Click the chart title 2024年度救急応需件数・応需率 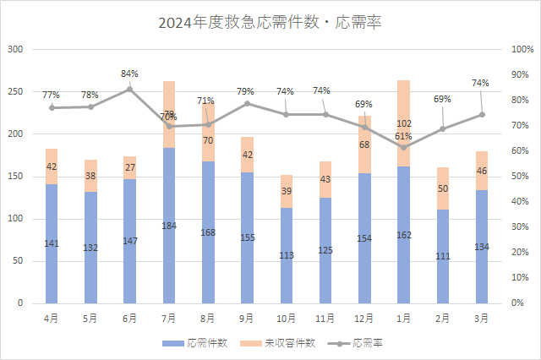pyautogui.click(x=270, y=23)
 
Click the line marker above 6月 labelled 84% pyautogui.click(x=130, y=89)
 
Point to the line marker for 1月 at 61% pyautogui.click(x=403, y=148)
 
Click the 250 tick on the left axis pyautogui.click(x=15, y=91)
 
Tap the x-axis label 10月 pyautogui.click(x=287, y=318)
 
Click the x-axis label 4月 pyautogui.click(x=52, y=318)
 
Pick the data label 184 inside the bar pyautogui.click(x=169, y=226)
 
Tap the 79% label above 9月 pyautogui.click(x=246, y=91)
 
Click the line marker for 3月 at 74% pyautogui.click(x=482, y=114)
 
